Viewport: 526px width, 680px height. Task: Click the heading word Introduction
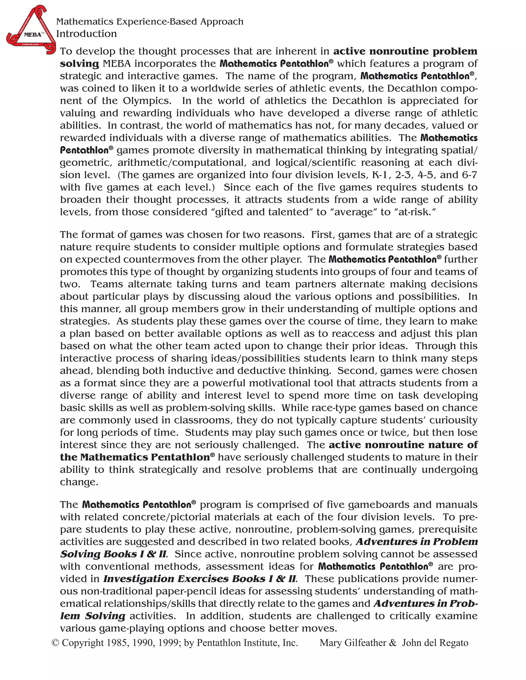coord(86,34)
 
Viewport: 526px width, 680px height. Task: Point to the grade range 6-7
coord(469,175)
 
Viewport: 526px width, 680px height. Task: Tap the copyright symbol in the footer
coord(55,643)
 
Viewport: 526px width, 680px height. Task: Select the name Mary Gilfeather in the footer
coord(353,643)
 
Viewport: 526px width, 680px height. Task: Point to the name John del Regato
coord(435,643)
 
